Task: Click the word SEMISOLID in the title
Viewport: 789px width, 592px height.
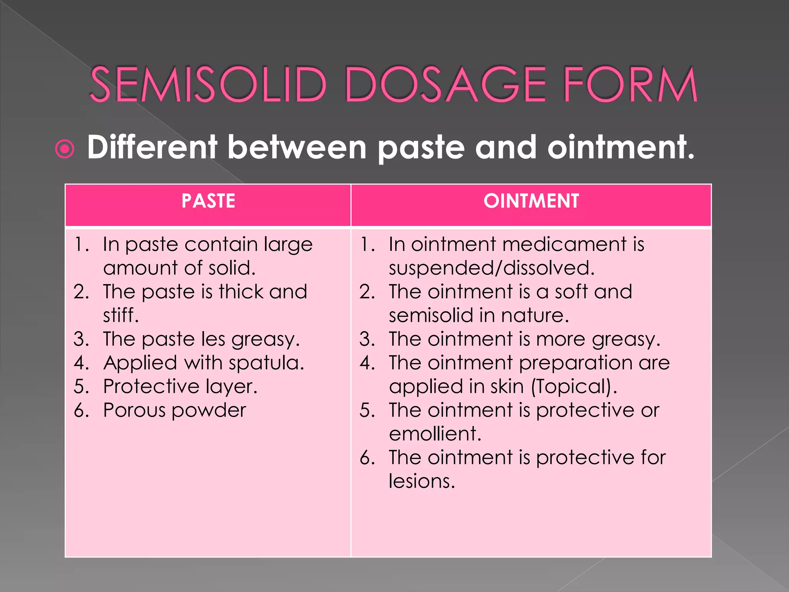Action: [208, 84]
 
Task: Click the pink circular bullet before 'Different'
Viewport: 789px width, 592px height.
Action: [65, 149]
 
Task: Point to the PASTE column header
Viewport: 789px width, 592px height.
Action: [208, 201]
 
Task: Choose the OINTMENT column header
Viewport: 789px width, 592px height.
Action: [531, 201]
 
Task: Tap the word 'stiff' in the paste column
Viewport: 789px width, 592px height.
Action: [121, 315]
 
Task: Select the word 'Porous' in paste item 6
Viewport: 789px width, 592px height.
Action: [135, 410]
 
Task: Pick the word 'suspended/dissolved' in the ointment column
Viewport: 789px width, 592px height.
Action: [491, 268]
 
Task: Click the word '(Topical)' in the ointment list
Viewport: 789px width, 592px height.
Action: [574, 387]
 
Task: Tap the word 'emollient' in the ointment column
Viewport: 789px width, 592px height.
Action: [435, 434]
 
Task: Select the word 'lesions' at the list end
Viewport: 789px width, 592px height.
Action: [421, 481]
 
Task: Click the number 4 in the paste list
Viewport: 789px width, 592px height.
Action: [81, 363]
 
